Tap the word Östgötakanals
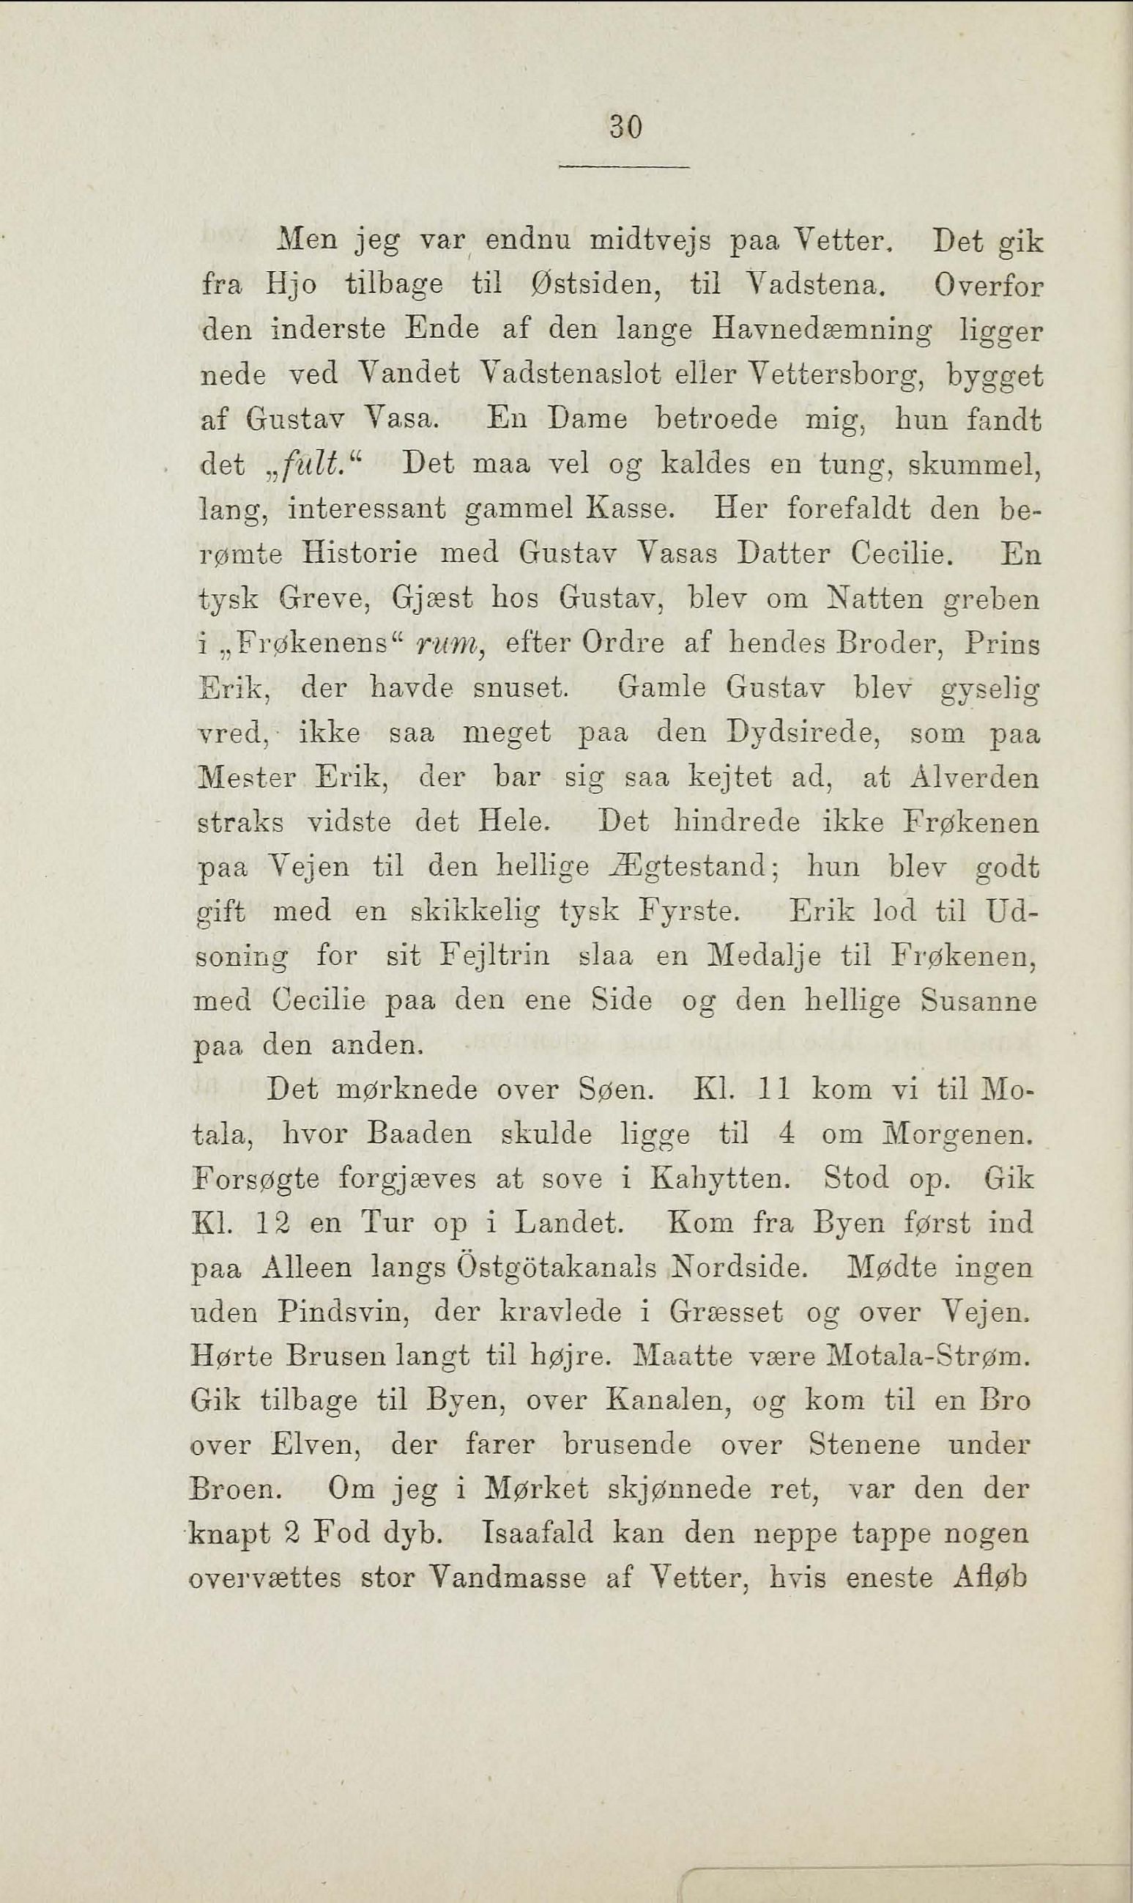(x=557, y=1268)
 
